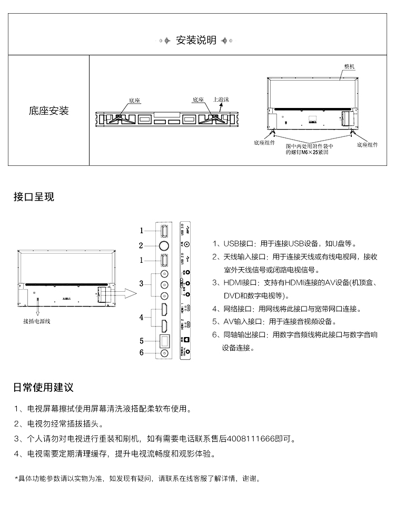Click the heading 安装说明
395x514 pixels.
(x=196, y=41)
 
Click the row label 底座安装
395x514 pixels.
(x=48, y=111)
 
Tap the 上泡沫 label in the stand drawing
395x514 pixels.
(x=221, y=98)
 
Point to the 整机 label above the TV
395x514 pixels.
(x=349, y=67)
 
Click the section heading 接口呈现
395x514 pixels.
(x=34, y=197)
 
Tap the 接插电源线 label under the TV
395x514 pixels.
(x=38, y=321)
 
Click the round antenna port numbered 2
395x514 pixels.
(x=164, y=245)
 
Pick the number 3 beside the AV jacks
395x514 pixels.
(x=141, y=284)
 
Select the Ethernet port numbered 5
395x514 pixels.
(x=164, y=340)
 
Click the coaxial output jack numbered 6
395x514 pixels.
(x=164, y=353)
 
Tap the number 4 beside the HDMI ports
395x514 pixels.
(x=141, y=317)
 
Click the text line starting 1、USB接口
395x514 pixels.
(x=284, y=244)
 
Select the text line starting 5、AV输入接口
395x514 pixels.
(x=274, y=322)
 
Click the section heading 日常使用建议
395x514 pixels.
(x=43, y=388)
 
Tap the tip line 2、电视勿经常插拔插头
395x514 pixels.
(x=58, y=423)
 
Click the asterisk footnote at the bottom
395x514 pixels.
(x=137, y=479)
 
